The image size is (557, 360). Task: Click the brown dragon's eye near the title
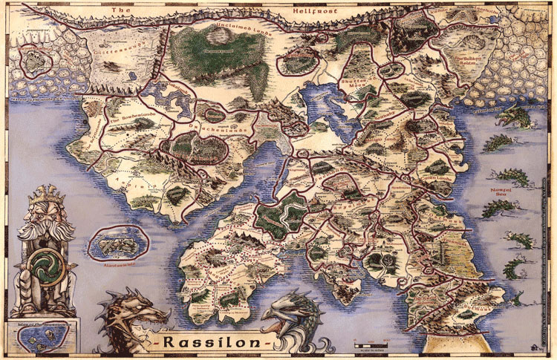(x=132, y=310)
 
